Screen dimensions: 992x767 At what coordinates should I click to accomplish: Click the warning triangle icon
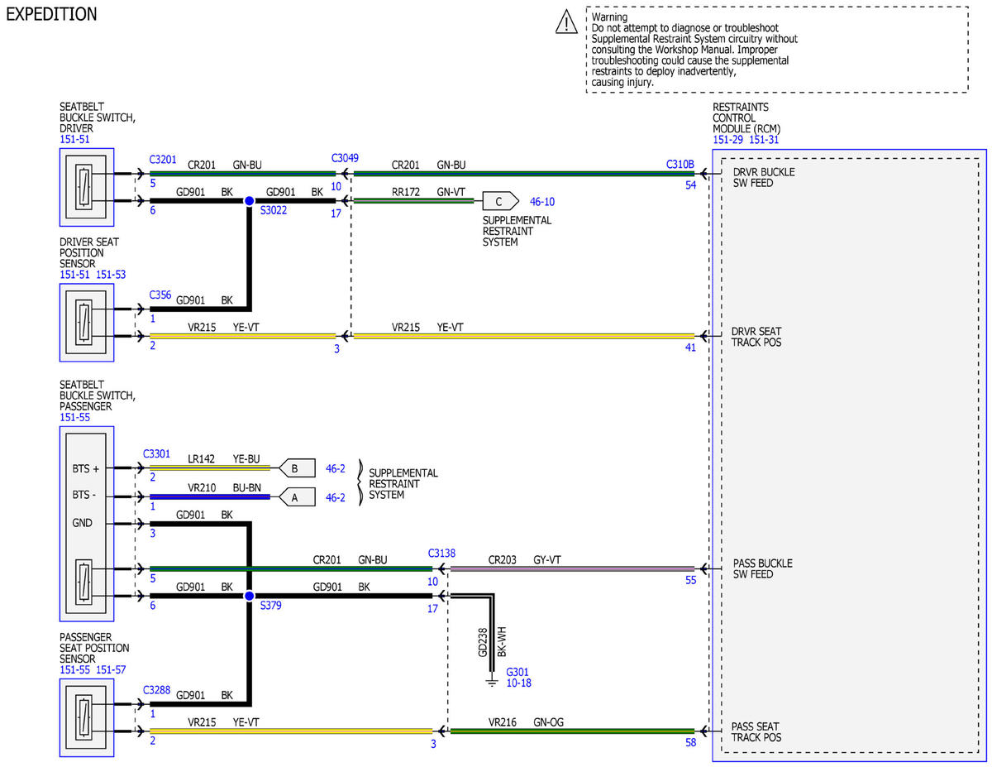click(566, 22)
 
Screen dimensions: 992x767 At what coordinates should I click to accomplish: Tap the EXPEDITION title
click(51, 14)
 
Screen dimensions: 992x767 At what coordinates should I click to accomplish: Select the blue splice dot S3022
click(250, 200)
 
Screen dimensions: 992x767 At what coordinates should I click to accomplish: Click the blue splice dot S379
click(250, 596)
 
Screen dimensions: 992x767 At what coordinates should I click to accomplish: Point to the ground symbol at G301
click(492, 682)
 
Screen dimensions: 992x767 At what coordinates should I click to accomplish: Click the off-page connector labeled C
click(500, 201)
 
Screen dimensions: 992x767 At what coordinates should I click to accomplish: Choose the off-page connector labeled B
click(297, 467)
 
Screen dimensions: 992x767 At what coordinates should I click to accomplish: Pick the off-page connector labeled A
click(297, 497)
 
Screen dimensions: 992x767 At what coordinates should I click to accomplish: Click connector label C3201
click(163, 160)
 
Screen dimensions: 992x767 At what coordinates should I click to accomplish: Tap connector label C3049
click(345, 158)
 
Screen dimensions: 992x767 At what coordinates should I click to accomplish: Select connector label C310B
click(680, 164)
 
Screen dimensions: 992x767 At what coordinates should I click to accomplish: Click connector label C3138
click(441, 554)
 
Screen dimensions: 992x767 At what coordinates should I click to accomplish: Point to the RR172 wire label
click(405, 192)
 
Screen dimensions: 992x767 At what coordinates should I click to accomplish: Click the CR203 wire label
click(502, 559)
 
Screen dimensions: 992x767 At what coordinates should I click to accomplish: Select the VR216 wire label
click(502, 722)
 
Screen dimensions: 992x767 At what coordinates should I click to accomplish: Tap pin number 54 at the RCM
click(691, 185)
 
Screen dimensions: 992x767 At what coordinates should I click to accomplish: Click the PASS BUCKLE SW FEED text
click(763, 568)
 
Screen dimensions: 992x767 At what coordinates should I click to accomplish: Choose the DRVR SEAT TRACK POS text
click(756, 337)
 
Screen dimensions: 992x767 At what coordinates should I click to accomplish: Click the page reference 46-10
click(542, 201)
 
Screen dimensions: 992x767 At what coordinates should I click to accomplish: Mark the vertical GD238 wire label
click(483, 643)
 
